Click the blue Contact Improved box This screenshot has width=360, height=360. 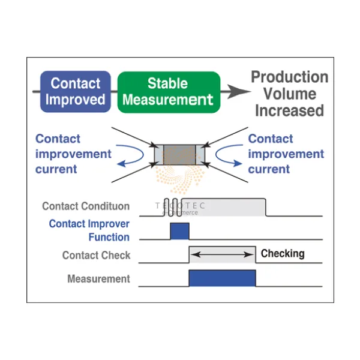75,91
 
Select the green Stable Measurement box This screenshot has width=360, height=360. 168,92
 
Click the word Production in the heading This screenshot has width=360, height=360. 289,77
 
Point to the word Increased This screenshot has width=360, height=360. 289,110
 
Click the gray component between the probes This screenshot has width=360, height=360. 180,153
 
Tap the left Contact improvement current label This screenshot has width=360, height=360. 73,154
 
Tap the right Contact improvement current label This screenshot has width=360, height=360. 286,154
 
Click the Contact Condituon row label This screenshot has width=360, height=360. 86,206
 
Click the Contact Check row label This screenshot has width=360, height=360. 96,256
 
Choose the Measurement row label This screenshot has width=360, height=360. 98,279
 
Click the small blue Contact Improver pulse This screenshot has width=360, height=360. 179,231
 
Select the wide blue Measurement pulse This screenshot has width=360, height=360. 222,278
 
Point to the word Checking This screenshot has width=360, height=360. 282,253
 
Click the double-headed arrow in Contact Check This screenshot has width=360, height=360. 221,255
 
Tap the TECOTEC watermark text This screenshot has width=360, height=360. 180,206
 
